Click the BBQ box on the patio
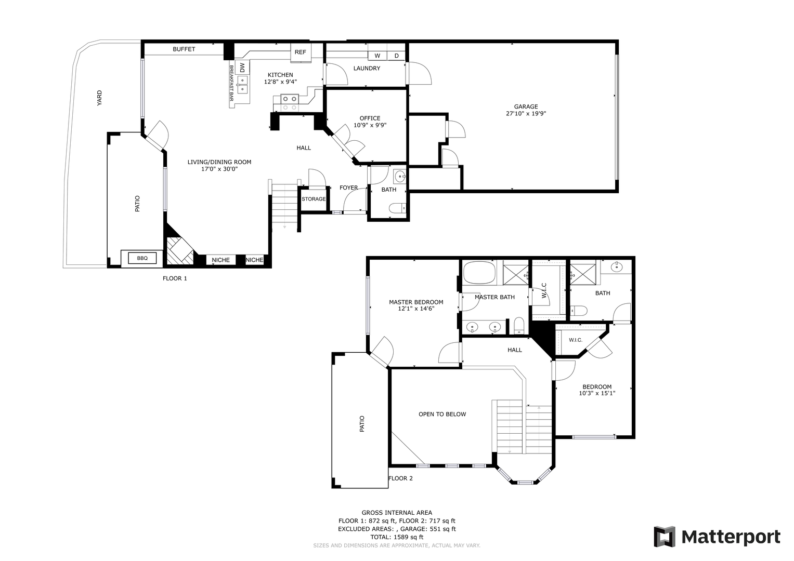click(142, 258)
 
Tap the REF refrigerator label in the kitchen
click(301, 52)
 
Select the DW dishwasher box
click(242, 67)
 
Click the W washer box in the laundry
click(378, 56)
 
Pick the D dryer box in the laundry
click(396, 56)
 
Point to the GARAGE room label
click(526, 106)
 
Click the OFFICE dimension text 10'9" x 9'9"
click(370, 125)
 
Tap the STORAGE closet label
click(314, 199)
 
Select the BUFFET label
click(184, 49)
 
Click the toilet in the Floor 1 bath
click(398, 208)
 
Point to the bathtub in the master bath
click(479, 273)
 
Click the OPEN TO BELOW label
click(442, 414)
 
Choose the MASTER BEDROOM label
click(416, 302)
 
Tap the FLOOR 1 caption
click(175, 278)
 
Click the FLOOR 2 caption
click(400, 478)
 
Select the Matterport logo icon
click(665, 537)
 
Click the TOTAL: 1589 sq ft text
click(397, 537)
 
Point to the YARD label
click(99, 98)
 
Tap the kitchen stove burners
click(289, 103)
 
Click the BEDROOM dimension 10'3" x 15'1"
click(597, 393)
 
